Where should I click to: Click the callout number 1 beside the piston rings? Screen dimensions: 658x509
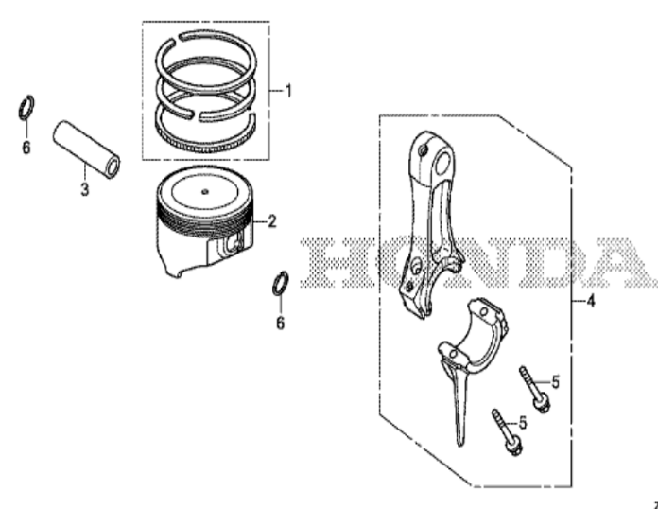[288, 91]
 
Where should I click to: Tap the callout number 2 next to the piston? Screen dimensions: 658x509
[272, 221]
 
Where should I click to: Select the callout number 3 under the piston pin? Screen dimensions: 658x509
[85, 189]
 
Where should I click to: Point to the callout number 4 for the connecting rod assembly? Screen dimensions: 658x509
[591, 301]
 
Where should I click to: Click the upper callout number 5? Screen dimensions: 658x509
[555, 382]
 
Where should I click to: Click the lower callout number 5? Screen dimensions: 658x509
[523, 423]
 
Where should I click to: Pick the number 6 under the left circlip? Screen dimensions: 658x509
[26, 148]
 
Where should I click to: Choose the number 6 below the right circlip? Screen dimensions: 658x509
[281, 323]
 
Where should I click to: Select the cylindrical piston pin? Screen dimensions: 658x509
[86, 149]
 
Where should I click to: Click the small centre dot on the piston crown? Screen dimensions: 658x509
[205, 192]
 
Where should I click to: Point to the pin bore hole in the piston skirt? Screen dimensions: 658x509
[235, 245]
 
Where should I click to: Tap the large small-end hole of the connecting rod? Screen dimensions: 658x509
[444, 165]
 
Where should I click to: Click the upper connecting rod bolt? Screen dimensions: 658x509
[535, 390]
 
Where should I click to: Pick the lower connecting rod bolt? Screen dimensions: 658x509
[508, 432]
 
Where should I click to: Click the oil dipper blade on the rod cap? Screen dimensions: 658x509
[459, 403]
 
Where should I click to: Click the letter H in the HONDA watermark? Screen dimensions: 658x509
[328, 262]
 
